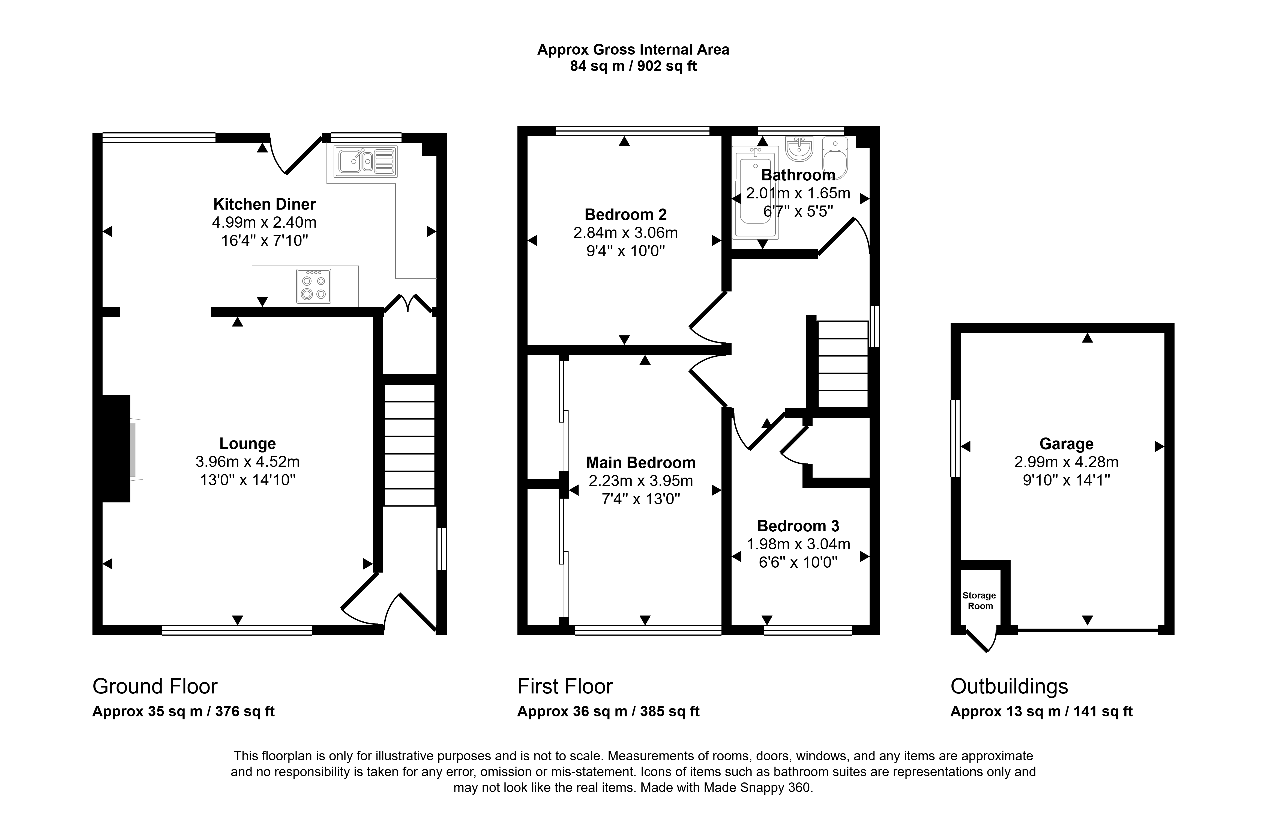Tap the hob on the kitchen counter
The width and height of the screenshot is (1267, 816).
click(314, 286)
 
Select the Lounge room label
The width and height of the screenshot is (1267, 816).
click(247, 443)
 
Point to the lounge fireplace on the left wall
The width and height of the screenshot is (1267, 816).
click(118, 449)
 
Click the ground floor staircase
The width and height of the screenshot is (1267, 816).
click(409, 445)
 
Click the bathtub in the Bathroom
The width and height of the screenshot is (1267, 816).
click(755, 192)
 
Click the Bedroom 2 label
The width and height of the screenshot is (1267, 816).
click(625, 215)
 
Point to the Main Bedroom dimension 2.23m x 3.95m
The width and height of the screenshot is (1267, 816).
click(641, 481)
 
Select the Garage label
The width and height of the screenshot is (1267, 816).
click(1066, 443)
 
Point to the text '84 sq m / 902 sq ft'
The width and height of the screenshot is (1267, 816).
click(633, 66)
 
